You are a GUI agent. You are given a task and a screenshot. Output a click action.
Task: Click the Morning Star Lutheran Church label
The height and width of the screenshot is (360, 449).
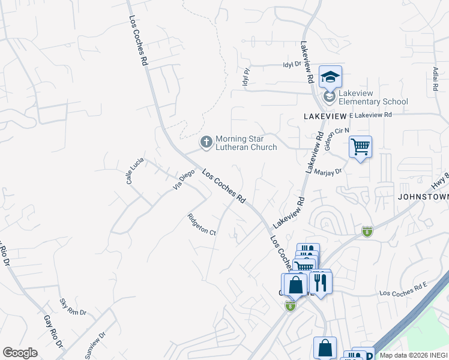[246, 142]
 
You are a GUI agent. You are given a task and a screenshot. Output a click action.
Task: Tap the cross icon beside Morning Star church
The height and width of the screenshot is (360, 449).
[206, 143]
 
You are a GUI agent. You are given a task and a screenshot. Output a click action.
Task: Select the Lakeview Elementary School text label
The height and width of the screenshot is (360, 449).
[373, 97]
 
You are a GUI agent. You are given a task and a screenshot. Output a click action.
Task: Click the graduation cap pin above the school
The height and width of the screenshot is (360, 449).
[330, 77]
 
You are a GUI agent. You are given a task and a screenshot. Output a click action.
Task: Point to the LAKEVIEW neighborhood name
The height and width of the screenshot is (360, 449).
[325, 114]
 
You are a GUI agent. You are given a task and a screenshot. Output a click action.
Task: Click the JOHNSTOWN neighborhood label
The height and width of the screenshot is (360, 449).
[423, 196]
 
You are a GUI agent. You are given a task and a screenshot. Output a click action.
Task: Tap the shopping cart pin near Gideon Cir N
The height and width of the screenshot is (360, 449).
[360, 146]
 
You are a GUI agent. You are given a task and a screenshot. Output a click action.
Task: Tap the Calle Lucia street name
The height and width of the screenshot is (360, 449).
[133, 171]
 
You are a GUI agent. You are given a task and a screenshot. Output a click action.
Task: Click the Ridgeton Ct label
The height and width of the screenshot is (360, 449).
[202, 224]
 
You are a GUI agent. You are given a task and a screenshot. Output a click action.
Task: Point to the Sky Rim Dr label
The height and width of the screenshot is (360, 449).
[73, 307]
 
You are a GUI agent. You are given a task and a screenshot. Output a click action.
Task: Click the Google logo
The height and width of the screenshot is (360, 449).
[20, 353]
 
